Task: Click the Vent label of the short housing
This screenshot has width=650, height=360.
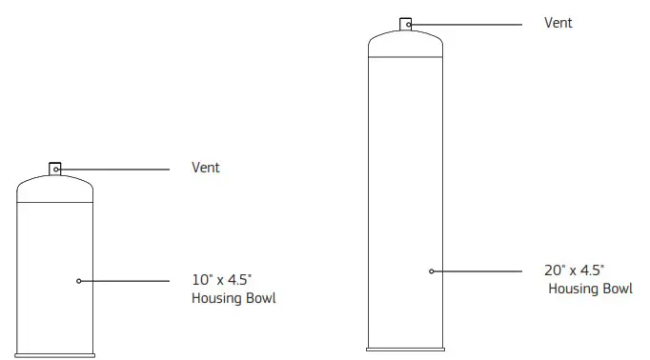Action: click(x=205, y=168)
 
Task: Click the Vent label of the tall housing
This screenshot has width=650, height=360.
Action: click(x=558, y=23)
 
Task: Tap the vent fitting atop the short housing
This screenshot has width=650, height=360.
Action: click(x=55, y=170)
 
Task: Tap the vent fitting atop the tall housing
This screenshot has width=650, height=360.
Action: click(x=406, y=25)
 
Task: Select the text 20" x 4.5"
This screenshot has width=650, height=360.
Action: click(x=575, y=271)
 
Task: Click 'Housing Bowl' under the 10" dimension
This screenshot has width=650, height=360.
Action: click(x=234, y=299)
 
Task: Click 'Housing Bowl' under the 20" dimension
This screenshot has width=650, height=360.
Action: click(x=589, y=289)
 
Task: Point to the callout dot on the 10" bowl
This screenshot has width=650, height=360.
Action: click(x=78, y=281)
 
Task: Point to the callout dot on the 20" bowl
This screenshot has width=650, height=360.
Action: click(x=432, y=271)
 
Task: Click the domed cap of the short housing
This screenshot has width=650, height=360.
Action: click(x=55, y=190)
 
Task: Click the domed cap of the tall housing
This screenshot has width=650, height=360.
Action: click(x=406, y=45)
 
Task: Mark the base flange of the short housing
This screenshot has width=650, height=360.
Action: click(x=55, y=354)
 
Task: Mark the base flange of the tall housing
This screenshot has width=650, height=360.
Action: click(x=406, y=348)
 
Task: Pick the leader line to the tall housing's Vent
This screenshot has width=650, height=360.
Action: click(x=467, y=23)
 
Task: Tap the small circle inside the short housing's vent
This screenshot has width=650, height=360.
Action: click(x=57, y=170)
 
